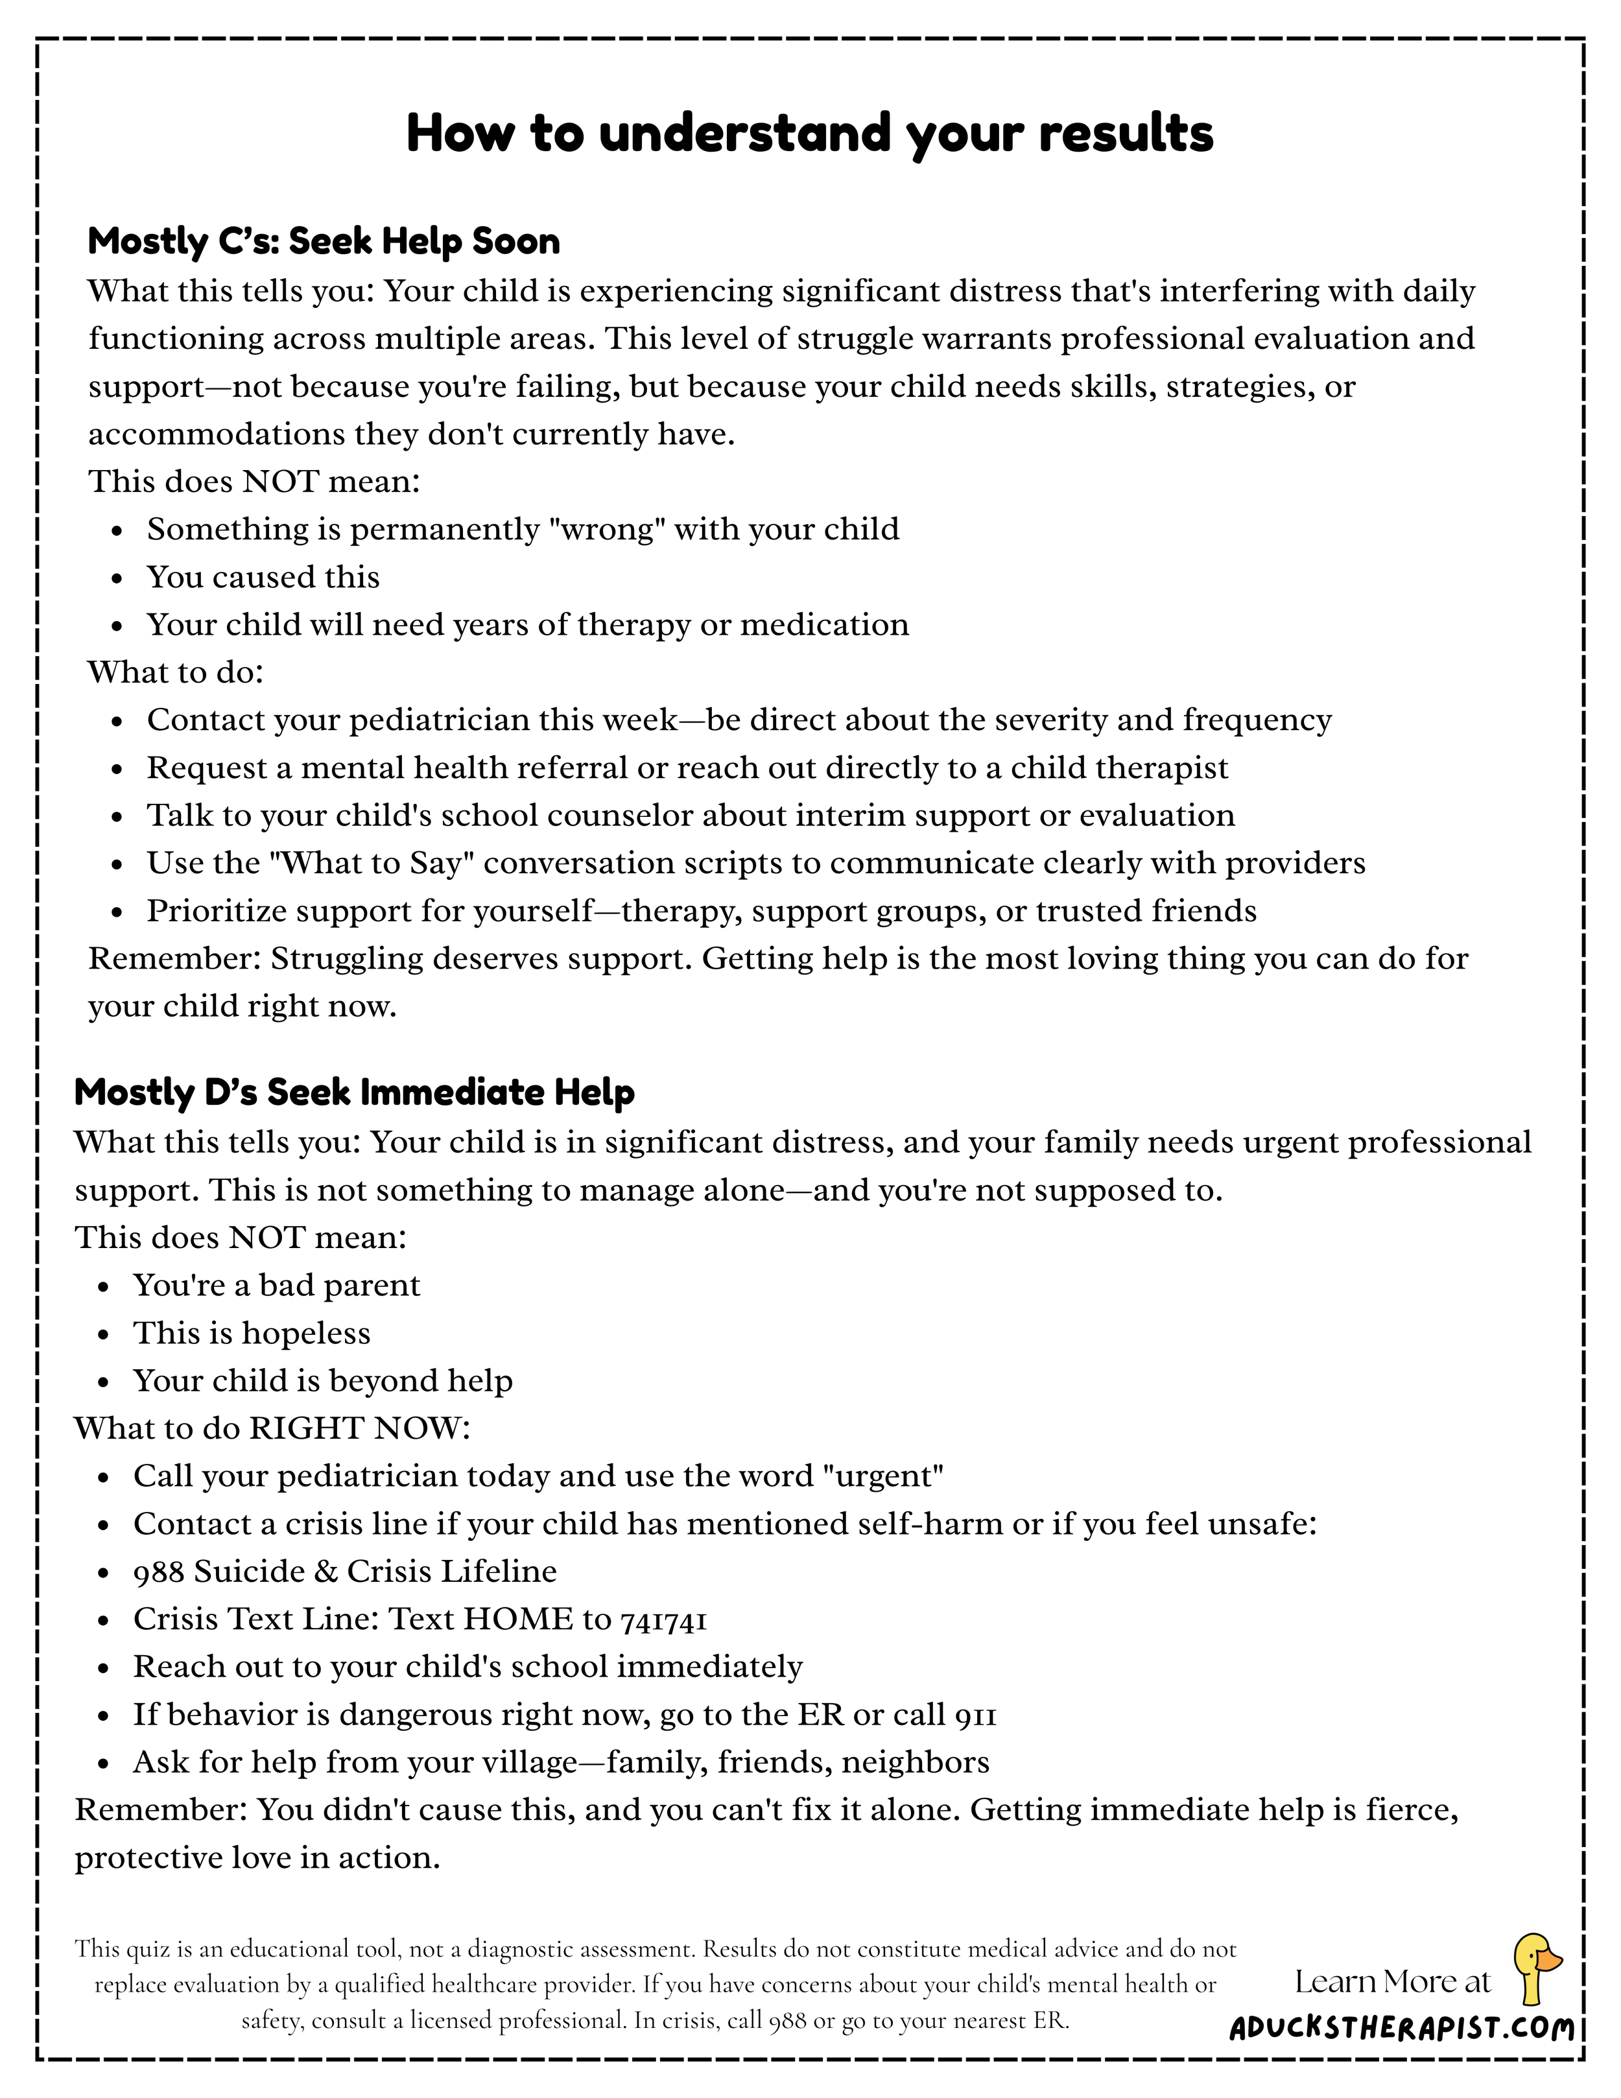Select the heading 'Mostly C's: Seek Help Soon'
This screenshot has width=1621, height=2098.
(x=324, y=241)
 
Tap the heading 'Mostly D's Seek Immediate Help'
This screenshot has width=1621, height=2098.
(x=355, y=1092)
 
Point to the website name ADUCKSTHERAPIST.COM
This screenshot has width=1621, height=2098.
(x=1402, y=2029)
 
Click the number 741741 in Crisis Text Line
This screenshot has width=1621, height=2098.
(x=664, y=1620)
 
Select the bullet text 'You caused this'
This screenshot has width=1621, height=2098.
(x=263, y=577)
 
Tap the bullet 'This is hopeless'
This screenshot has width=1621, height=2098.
(x=252, y=1334)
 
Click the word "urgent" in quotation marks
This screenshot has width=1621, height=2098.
(x=884, y=1476)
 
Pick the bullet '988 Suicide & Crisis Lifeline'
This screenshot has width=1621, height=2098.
(x=345, y=1572)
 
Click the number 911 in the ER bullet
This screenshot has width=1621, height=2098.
(x=975, y=1715)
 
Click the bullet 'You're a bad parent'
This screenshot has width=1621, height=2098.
(x=277, y=1285)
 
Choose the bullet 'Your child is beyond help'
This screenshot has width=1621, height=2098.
(x=323, y=1382)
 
